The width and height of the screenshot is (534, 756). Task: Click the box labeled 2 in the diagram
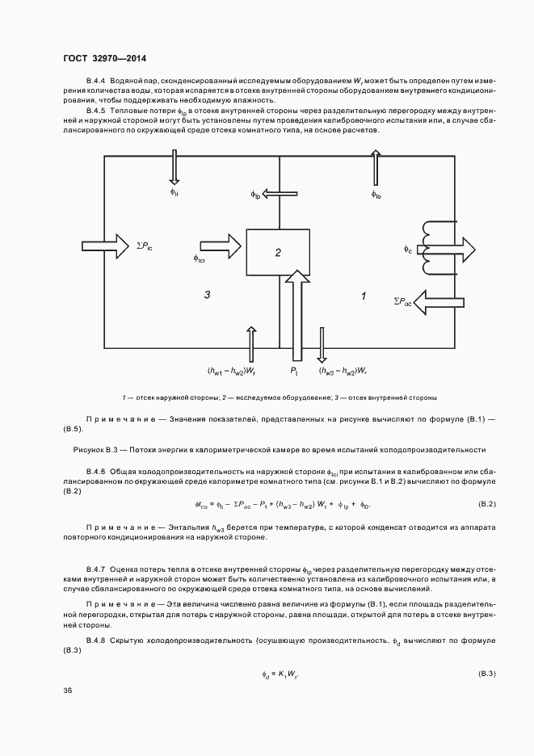278,253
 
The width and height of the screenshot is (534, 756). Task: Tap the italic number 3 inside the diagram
208,296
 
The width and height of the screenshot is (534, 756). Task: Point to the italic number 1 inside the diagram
364,296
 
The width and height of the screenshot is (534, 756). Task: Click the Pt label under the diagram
295,371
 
